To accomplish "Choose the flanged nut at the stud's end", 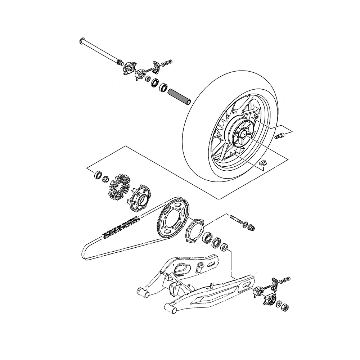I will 252,228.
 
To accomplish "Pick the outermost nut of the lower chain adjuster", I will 288,279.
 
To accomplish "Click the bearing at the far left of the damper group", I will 98,175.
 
